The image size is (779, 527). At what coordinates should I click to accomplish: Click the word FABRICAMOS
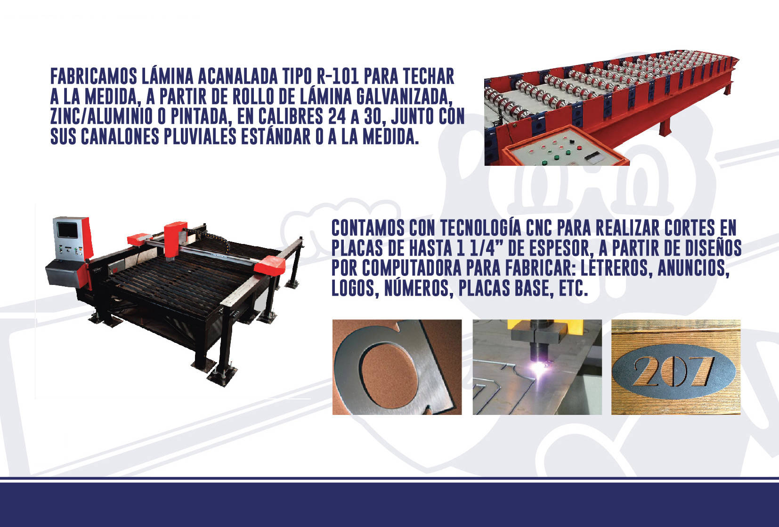[94, 76]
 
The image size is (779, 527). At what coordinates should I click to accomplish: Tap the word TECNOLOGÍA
[480, 228]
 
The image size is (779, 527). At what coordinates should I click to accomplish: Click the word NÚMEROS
[419, 288]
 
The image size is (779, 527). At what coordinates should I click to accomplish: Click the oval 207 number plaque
[674, 371]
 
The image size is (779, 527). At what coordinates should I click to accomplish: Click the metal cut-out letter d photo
[397, 367]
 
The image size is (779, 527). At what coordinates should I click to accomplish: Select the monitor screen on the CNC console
[67, 230]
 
